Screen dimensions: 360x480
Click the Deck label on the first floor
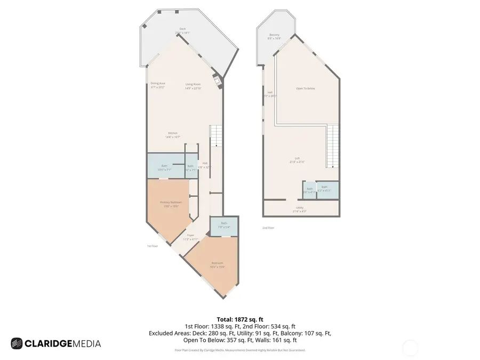tap(182, 30)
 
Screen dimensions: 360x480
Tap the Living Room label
tap(193, 85)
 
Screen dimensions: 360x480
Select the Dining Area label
tap(157, 85)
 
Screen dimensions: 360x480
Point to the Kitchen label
tap(172, 134)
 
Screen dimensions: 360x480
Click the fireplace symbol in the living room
tap(217, 81)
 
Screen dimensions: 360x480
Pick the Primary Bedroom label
tap(171, 203)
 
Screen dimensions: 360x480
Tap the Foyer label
tap(190, 236)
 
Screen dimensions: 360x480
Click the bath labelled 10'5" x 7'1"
tap(164, 167)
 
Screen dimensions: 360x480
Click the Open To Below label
tap(306, 88)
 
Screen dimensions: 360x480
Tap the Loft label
tap(298, 158)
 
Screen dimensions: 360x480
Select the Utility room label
tap(299, 209)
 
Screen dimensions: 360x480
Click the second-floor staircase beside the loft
tap(332, 146)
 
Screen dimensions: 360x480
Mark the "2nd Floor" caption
tap(268, 228)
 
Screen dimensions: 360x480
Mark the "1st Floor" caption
tap(153, 246)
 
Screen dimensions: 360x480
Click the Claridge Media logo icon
tap(17, 343)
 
